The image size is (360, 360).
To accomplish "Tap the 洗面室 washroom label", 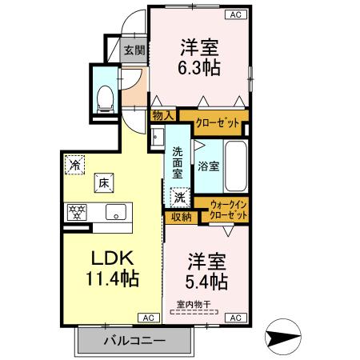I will (x=178, y=163).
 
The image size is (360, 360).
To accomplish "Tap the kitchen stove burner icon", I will (x=78, y=212).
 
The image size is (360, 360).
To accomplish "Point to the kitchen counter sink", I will (x=115, y=212).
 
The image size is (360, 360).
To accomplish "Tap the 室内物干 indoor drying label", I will (x=194, y=304).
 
